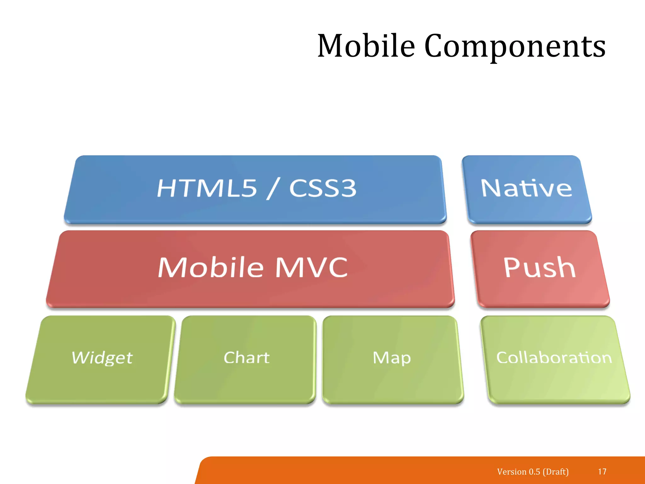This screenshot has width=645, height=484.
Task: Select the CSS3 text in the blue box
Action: point(323,188)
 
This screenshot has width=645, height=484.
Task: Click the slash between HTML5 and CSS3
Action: point(273,188)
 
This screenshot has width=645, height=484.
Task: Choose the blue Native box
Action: point(526,189)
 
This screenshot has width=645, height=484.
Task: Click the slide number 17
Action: point(602,471)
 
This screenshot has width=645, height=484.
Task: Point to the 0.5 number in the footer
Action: point(534,472)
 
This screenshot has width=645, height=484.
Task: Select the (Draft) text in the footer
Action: point(556,472)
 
